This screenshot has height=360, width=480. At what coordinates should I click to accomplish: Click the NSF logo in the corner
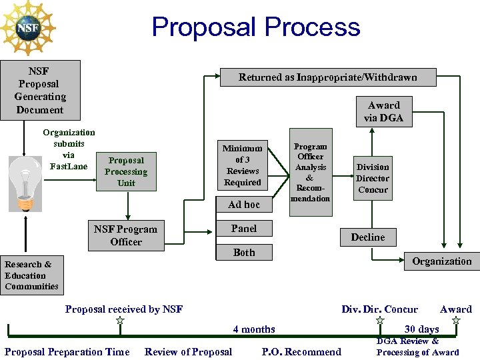[x=28, y=28]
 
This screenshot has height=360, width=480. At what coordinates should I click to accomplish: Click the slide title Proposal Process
[x=256, y=27]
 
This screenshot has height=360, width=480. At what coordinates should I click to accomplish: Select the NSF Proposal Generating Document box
[x=40, y=90]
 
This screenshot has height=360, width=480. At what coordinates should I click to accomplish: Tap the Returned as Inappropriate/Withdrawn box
[x=328, y=77]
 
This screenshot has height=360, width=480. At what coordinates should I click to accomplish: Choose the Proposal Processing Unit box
[x=126, y=171]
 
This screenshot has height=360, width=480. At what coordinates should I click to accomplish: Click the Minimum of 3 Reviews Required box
[x=243, y=165]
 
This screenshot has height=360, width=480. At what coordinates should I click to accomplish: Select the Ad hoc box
[x=244, y=205]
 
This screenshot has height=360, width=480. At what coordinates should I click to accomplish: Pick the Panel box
[x=244, y=229]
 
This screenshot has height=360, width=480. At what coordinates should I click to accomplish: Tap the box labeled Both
[x=244, y=253]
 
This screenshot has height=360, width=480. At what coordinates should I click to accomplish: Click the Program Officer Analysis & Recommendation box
[x=311, y=172]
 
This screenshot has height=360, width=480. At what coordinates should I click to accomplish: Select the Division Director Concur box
[x=373, y=178]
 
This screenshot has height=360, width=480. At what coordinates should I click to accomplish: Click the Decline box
[x=368, y=237]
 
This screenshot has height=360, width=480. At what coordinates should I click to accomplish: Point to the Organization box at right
[x=441, y=261]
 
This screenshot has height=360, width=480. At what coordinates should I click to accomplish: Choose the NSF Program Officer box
[x=126, y=235]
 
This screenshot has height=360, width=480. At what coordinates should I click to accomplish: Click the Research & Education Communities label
[x=31, y=275]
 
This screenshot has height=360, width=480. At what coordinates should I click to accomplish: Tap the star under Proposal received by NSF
[x=120, y=321]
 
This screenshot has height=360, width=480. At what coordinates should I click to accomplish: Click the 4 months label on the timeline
[x=254, y=329]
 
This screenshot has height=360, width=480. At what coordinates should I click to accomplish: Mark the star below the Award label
[x=456, y=321]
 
